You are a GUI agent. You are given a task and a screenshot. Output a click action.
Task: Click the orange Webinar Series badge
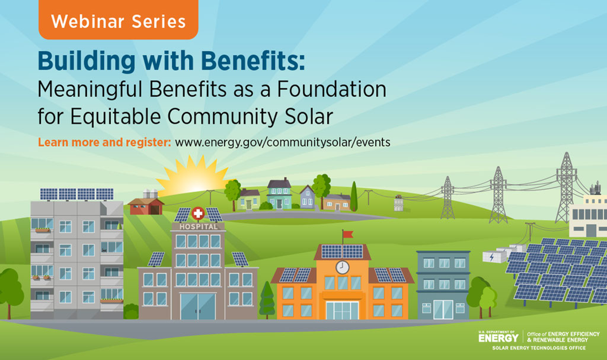tap(118, 22)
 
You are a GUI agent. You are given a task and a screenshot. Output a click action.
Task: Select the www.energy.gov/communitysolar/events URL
tap(283, 142)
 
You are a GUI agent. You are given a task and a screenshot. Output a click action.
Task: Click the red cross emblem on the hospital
tap(198, 213)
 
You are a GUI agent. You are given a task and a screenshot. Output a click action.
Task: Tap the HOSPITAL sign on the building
tap(198, 226)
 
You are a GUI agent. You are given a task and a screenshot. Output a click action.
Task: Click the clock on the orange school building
tap(342, 267)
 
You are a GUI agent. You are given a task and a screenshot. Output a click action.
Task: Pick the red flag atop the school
tap(347, 235)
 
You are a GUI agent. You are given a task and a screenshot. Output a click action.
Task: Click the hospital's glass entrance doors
tap(198, 306)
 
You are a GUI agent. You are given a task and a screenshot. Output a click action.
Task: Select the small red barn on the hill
tap(146, 206)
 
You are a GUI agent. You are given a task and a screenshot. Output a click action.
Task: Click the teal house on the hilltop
tap(279, 195)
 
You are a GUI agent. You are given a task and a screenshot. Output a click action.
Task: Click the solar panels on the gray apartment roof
tap(77, 194)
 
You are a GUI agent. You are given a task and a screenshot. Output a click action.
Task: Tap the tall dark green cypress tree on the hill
tap(354, 198)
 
